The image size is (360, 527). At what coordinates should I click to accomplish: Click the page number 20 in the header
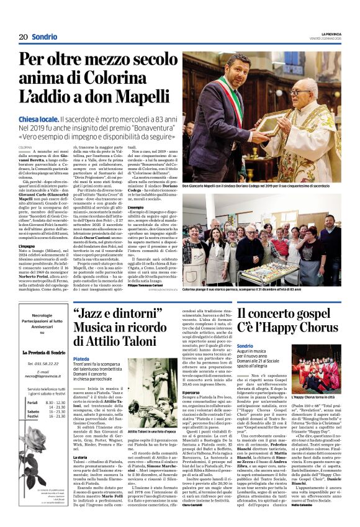pyautogui.click(x=23, y=37)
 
